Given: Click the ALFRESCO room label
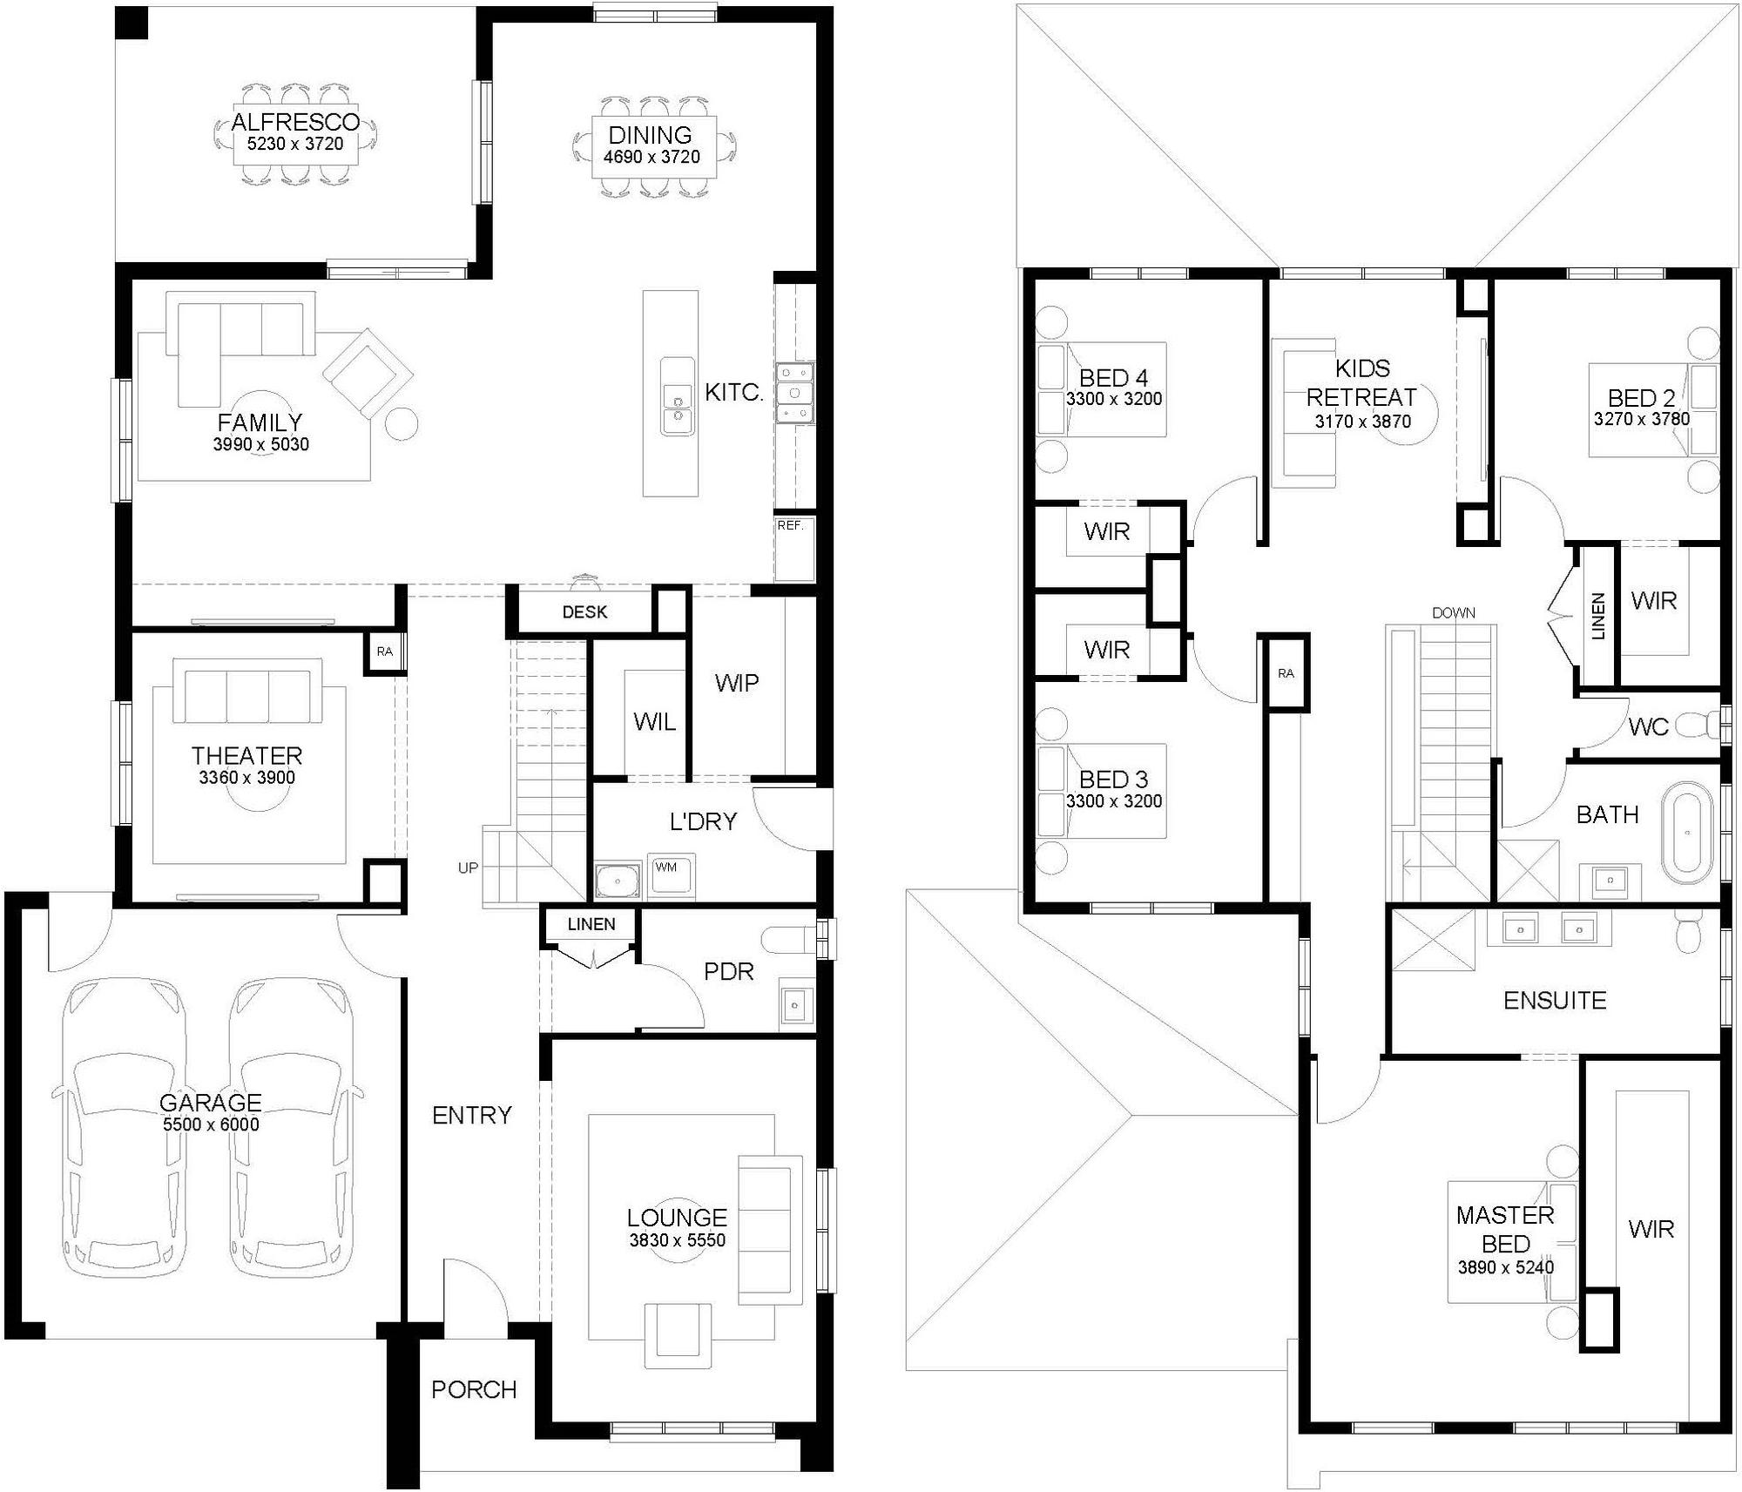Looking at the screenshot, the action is [x=295, y=122].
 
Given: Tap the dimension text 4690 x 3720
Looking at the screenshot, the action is [x=652, y=158].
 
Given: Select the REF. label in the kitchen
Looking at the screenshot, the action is [x=790, y=526].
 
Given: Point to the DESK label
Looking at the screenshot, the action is [x=584, y=612].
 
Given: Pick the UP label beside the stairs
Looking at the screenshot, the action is [x=468, y=868].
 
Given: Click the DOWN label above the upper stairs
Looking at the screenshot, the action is [x=1454, y=613].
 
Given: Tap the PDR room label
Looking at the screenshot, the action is [x=728, y=971].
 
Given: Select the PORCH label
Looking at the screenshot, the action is [x=474, y=1389].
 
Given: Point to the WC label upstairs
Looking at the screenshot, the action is [x=1648, y=727].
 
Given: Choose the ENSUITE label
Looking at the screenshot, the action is [x=1555, y=1000].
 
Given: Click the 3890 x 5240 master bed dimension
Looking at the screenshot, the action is [x=1506, y=1267].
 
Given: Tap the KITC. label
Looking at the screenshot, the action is [x=733, y=393].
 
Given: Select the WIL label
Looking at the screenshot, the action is [x=654, y=722].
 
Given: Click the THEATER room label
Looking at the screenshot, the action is [x=247, y=755].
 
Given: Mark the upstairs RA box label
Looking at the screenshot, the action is [x=1286, y=673].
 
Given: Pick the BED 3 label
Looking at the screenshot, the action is [x=1114, y=780].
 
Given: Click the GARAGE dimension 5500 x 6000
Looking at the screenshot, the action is [x=211, y=1124].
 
